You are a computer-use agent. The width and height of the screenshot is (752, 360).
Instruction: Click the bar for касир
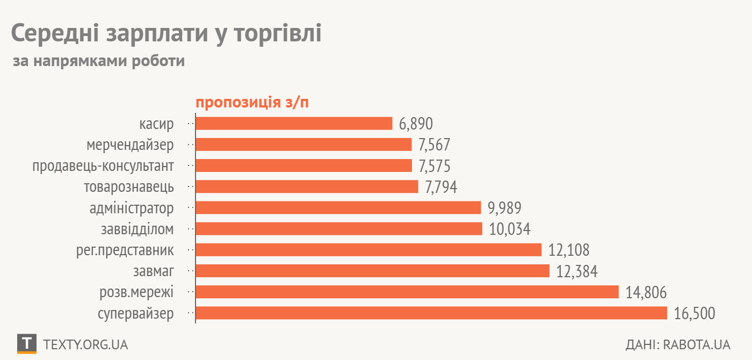click(294, 124)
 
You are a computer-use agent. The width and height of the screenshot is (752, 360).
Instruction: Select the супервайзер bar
click(431, 313)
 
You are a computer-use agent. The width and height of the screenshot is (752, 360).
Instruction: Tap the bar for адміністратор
click(338, 208)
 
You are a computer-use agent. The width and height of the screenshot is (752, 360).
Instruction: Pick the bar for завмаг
click(373, 271)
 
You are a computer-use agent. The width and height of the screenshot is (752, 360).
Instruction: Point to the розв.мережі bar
click(407, 292)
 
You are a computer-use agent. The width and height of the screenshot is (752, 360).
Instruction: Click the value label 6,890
click(416, 124)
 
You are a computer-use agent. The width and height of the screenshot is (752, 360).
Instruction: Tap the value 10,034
click(510, 229)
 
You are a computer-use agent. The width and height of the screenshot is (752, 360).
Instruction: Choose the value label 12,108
click(569, 250)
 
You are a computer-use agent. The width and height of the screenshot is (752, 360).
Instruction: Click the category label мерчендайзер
click(130, 145)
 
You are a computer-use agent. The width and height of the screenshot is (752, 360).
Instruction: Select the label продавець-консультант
click(103, 166)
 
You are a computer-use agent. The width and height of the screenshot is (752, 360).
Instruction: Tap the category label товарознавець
click(129, 187)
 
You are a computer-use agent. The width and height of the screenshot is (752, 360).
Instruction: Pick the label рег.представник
click(125, 250)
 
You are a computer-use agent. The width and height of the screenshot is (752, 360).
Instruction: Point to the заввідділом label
click(138, 229)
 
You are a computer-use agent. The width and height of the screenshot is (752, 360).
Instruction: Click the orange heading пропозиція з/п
click(252, 103)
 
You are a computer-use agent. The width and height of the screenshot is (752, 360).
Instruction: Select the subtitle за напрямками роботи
click(99, 61)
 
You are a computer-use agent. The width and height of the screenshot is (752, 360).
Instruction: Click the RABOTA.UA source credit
click(697, 344)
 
